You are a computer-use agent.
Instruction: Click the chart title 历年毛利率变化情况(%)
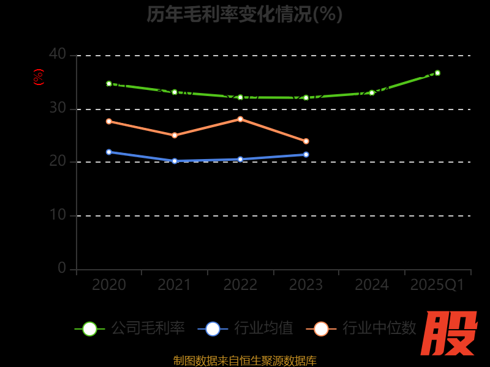pyautogui.click(x=244, y=13)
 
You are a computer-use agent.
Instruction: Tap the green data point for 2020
pyautogui.click(x=109, y=84)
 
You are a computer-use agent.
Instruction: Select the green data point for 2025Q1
pyautogui.click(x=437, y=73)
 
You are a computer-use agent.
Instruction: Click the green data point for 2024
pyautogui.click(x=372, y=93)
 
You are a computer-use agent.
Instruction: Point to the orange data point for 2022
pyautogui.click(x=240, y=119)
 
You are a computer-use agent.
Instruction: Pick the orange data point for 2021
pyautogui.click(x=175, y=135)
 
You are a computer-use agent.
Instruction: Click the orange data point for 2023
pyautogui.click(x=306, y=141)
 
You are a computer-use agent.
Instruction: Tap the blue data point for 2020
pyautogui.click(x=109, y=152)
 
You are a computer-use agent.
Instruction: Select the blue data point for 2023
pyautogui.click(x=306, y=155)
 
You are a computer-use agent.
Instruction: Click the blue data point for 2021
pyautogui.click(x=175, y=161)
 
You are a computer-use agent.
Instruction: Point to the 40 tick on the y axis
pyautogui.click(x=58, y=54)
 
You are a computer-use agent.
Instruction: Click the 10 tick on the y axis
pyautogui.click(x=58, y=215)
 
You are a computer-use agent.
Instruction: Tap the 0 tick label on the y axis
pyautogui.click(x=62, y=268)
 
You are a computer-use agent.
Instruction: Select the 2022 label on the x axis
pyautogui.click(x=240, y=285)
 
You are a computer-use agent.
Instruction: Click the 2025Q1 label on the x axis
pyautogui.click(x=437, y=285)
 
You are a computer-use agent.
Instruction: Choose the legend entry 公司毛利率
pyautogui.click(x=130, y=328)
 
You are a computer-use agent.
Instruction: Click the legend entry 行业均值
pyautogui.click(x=246, y=328)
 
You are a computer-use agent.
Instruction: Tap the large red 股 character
pyautogui.click(x=450, y=334)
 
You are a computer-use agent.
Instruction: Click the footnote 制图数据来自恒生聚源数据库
pyautogui.click(x=244, y=360)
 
